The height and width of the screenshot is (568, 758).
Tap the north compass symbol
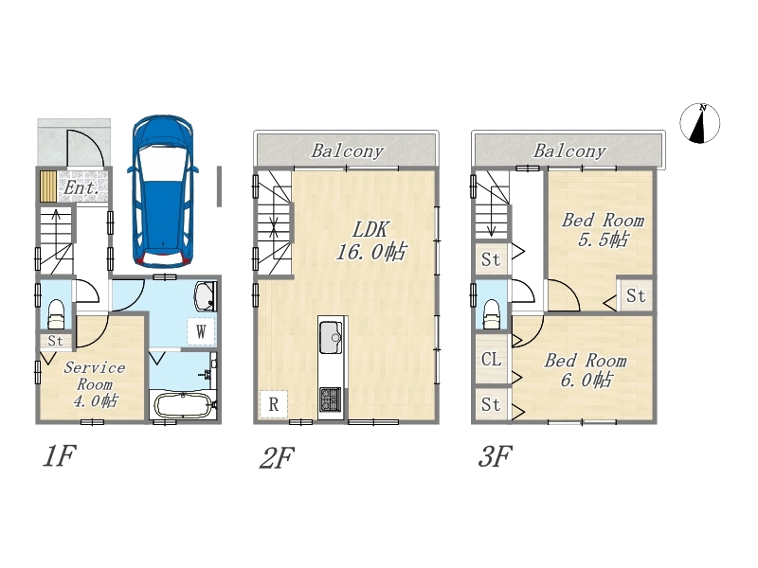click(x=699, y=123)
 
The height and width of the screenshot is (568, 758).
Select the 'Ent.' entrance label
click(x=81, y=187)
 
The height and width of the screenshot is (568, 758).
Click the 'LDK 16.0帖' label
click(x=371, y=241)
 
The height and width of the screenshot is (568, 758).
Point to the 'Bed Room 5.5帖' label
click(x=603, y=230)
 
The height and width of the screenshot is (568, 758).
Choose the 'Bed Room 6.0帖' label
click(x=586, y=370)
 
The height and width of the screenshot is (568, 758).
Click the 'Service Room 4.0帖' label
click(x=95, y=384)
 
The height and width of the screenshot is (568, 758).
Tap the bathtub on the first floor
click(x=183, y=406)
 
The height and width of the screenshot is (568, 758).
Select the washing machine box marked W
click(x=201, y=331)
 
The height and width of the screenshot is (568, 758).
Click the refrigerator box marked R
click(x=274, y=404)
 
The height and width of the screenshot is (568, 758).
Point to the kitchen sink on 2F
click(x=331, y=338)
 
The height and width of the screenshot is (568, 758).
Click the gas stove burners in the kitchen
click(x=330, y=399)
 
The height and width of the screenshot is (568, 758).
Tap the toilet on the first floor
click(x=56, y=313)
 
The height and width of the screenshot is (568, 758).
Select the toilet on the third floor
click(x=492, y=314)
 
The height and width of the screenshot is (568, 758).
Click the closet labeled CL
click(x=491, y=359)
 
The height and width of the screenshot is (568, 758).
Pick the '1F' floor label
click(x=60, y=456)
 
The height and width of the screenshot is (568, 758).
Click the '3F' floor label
click(x=495, y=456)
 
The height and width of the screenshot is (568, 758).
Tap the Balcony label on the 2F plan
click(x=348, y=151)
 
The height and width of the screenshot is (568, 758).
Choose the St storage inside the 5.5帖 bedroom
click(x=635, y=295)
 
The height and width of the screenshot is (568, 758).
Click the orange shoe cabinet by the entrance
click(x=48, y=186)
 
